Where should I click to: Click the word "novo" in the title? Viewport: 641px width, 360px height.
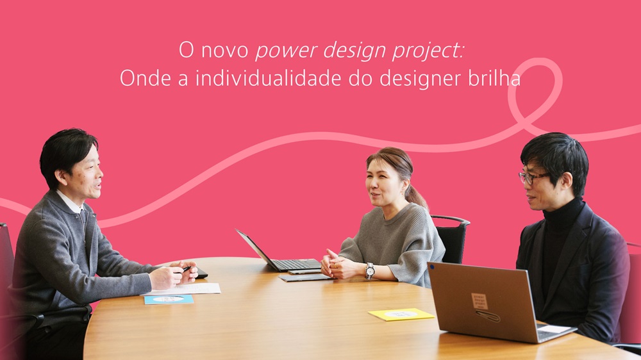click(x=225, y=51)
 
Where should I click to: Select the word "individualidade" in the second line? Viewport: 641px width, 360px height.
click(x=269, y=78)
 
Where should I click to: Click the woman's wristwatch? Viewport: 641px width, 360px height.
click(x=370, y=270)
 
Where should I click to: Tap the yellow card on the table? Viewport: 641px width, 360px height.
click(x=401, y=315)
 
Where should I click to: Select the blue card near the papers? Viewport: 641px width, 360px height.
click(x=169, y=300)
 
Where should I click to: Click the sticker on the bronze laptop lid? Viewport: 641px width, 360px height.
click(x=479, y=302)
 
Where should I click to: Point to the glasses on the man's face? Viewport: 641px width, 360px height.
click(x=532, y=177)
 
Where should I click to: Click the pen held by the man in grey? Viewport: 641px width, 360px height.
click(x=186, y=269)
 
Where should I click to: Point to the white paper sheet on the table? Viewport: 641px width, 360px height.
click(x=182, y=290)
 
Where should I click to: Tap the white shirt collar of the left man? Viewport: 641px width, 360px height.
click(x=70, y=202)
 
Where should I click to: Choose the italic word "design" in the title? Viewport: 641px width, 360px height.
click(x=355, y=52)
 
